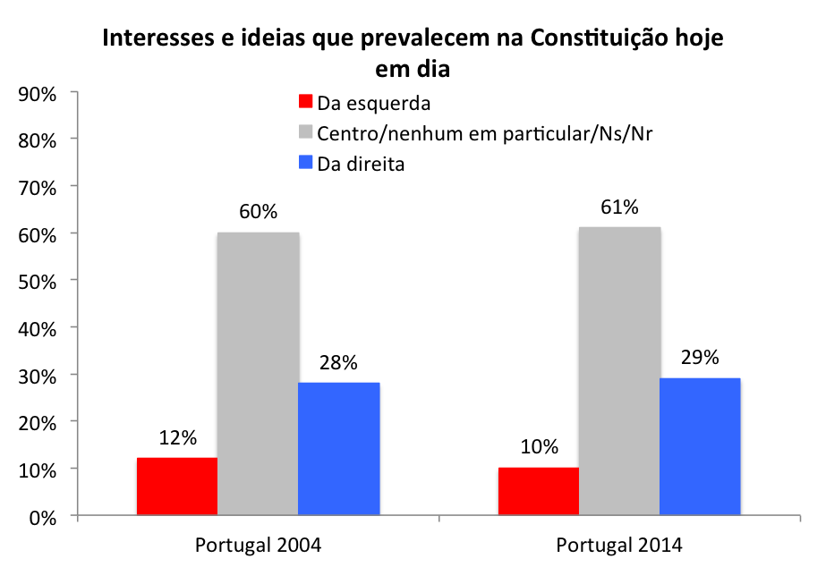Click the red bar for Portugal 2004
pyautogui.click(x=177, y=487)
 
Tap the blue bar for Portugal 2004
pyautogui.click(x=338, y=449)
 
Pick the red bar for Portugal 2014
pyautogui.click(x=538, y=492)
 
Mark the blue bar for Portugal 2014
pyautogui.click(x=699, y=447)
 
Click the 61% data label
pyautogui.click(x=619, y=207)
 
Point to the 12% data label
pyautogui.click(x=178, y=438)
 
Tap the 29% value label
pyautogui.click(x=700, y=358)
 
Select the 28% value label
pyautogui.click(x=338, y=362)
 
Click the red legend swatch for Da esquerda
pyautogui.click(x=306, y=102)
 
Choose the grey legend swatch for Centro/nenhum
pyautogui.click(x=306, y=132)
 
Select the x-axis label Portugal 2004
pyautogui.click(x=258, y=546)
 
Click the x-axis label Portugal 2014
pyautogui.click(x=618, y=546)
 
